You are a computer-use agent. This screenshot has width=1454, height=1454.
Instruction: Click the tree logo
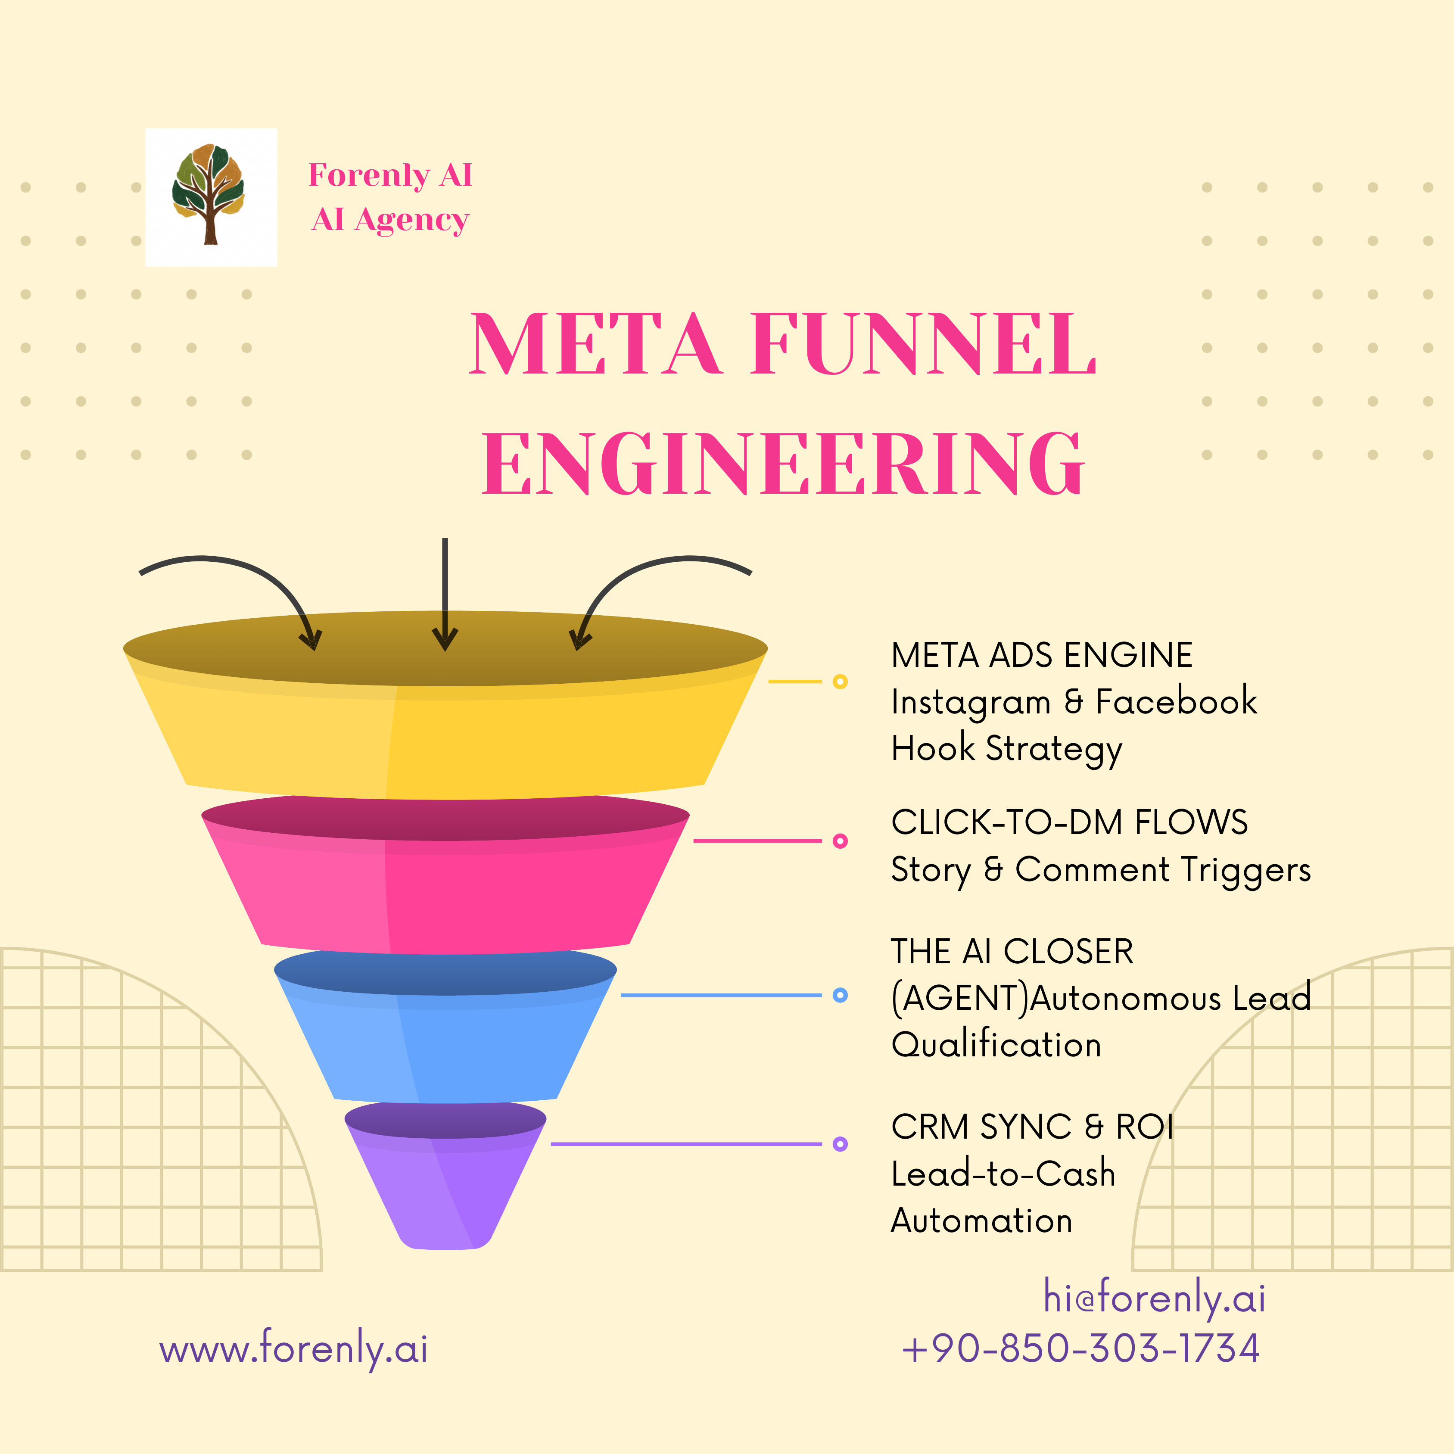tap(210, 196)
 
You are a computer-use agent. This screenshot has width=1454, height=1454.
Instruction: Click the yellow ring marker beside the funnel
tap(841, 682)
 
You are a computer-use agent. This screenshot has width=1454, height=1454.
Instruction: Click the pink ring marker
tap(841, 841)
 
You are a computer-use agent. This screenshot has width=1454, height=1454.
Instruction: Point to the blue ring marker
tap(841, 995)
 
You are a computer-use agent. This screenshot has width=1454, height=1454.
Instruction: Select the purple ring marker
tap(841, 1144)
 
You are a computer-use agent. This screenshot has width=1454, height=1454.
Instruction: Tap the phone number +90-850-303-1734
tap(1081, 1348)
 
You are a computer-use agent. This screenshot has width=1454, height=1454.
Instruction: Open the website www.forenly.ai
tap(293, 1348)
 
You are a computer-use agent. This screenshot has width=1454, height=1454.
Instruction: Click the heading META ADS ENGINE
tap(1042, 655)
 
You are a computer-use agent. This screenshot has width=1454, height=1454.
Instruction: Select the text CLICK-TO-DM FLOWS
tap(1069, 822)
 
